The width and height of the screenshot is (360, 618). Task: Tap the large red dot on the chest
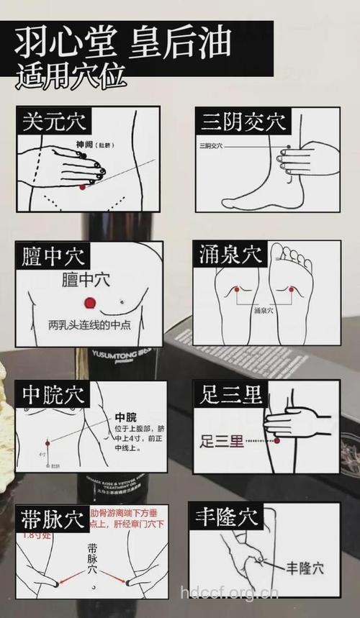point(90,302)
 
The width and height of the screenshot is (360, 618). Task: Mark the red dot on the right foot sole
point(292,289)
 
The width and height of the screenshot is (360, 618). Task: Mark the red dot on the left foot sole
point(235,289)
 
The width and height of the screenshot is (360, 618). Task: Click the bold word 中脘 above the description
point(125,417)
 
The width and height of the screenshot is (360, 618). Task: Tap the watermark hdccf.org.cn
point(229,593)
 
